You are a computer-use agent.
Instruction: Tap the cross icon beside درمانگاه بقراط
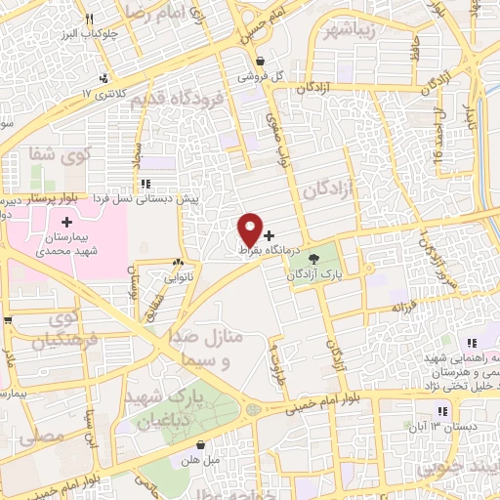270,236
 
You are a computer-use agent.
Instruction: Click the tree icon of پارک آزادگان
313,260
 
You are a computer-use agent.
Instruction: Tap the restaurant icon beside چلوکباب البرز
90,19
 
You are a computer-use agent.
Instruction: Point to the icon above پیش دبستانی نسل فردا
145,183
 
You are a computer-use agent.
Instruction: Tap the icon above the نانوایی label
178,263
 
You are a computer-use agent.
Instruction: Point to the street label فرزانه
410,308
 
